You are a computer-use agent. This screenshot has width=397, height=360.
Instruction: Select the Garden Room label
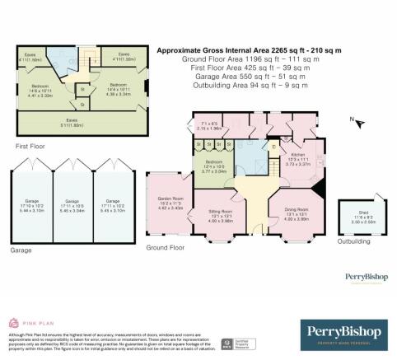point(169,204)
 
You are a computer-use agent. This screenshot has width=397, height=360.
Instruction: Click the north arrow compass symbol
point(355,121)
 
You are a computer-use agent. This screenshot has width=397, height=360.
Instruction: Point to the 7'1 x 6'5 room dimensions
point(213,126)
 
